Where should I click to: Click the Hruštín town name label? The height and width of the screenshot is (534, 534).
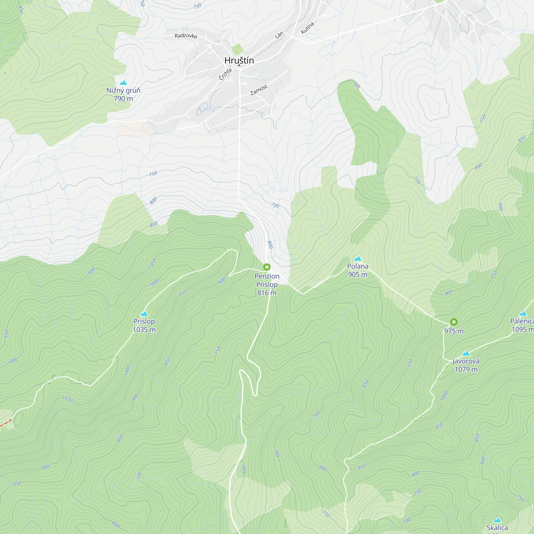point(239,60)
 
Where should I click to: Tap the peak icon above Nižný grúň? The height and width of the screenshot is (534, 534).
point(123,82)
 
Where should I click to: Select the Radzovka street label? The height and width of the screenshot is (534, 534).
point(186,36)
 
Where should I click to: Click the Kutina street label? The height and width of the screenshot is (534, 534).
point(307,28)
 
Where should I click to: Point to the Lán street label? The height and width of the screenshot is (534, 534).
point(279,35)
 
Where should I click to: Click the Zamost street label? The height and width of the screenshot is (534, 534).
point(259,90)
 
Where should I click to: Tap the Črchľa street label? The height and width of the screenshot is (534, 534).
point(225,74)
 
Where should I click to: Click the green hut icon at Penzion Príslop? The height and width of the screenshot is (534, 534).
point(267,267)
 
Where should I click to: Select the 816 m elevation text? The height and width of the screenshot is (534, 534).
point(267,293)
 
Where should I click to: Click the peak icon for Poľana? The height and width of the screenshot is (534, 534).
point(358,258)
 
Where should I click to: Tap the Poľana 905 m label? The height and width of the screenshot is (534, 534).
point(358,270)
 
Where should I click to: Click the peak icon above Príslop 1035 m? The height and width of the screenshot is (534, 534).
point(144,313)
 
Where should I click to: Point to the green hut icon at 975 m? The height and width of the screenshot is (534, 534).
point(454,322)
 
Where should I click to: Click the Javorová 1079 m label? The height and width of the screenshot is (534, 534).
point(466,365)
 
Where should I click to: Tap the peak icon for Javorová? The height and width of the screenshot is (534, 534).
point(466,353)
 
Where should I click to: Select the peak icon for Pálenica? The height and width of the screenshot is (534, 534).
point(523,313)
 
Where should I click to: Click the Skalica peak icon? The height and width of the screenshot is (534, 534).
point(497,520)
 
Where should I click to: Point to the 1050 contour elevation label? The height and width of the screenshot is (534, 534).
point(68,399)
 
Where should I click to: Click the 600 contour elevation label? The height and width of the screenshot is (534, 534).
point(244,469)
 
